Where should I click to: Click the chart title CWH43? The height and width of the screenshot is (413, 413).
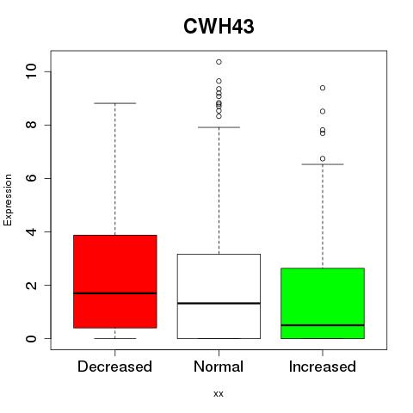click(219, 27)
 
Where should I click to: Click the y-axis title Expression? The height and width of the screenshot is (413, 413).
click(8, 200)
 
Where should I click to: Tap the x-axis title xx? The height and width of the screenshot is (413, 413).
click(219, 393)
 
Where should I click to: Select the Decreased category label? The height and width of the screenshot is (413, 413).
click(114, 367)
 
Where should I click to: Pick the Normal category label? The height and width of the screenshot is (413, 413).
click(219, 367)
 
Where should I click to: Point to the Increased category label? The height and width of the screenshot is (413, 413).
click(323, 367)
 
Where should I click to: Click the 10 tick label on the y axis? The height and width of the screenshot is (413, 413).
click(31, 71)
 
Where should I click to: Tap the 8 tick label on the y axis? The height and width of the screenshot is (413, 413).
click(31, 125)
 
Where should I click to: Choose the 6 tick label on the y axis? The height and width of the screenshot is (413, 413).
click(31, 178)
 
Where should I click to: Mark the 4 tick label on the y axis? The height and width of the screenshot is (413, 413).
click(31, 231)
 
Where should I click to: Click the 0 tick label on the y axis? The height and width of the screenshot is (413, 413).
click(31, 338)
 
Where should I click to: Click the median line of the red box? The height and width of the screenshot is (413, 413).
click(115, 293)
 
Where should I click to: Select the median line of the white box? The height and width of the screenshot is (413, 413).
click(219, 303)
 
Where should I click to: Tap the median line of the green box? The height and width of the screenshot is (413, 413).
click(323, 325)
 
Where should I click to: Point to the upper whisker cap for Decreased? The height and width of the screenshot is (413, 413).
click(115, 103)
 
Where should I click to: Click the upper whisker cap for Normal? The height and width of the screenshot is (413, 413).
click(219, 127)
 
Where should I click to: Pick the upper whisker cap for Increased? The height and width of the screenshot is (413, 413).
click(323, 164)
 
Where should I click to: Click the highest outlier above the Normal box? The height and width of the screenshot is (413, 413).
click(219, 62)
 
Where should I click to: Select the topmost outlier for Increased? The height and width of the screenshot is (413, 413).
click(323, 88)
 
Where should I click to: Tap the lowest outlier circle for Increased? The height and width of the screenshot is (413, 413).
click(323, 158)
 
